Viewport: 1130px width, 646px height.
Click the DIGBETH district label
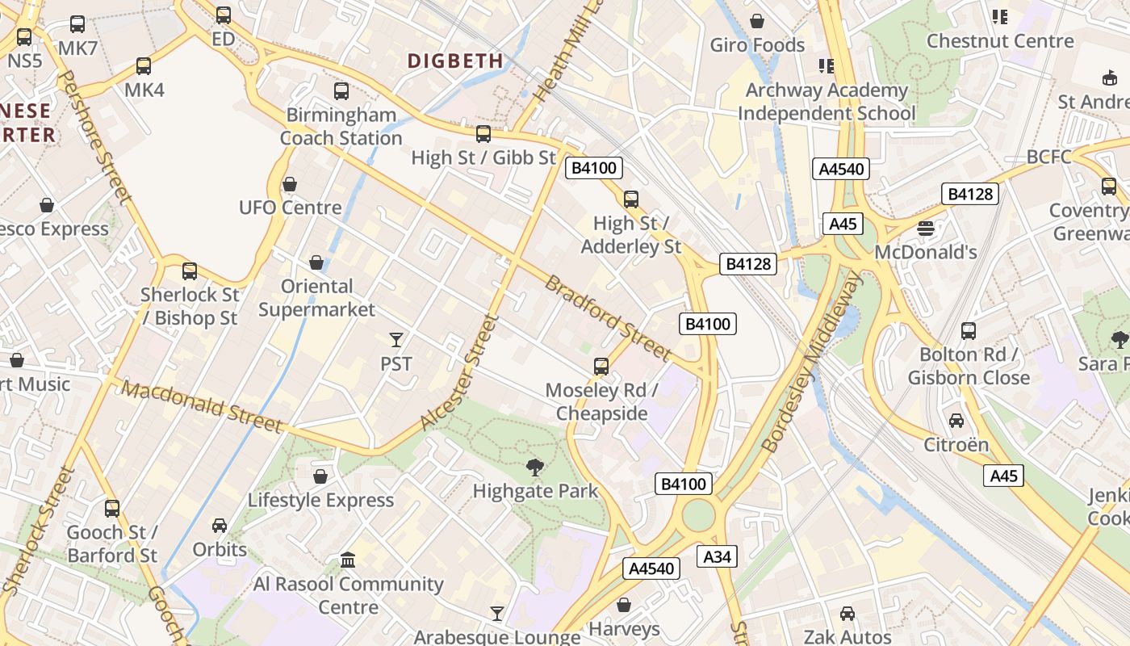pos(455,61)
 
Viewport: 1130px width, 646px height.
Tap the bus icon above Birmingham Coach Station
pos(341,91)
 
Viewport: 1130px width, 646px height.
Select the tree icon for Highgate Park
pos(534,467)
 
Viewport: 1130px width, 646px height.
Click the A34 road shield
pos(717,556)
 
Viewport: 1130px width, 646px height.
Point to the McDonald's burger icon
pos(926,229)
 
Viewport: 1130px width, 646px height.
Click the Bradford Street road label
pos(608,318)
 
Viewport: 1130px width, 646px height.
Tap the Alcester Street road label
pos(458,372)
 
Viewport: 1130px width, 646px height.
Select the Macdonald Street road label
pos(203,407)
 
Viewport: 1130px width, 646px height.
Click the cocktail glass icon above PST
pos(396,339)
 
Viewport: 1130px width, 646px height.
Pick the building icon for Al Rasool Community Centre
pos(348,560)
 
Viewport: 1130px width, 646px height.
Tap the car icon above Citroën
pos(956,421)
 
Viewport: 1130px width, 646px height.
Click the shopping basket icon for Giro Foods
pos(757,21)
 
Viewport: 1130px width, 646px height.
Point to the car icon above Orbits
pos(219,526)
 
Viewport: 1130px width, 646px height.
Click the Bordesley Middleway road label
pos(812,361)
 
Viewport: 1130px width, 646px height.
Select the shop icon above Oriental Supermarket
pos(316,262)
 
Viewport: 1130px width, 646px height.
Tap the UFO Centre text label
pos(290,208)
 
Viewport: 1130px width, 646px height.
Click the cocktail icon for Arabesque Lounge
pos(497,614)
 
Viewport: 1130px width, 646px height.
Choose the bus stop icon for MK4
pos(144,66)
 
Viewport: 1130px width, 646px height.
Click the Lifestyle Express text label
pos(320,501)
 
